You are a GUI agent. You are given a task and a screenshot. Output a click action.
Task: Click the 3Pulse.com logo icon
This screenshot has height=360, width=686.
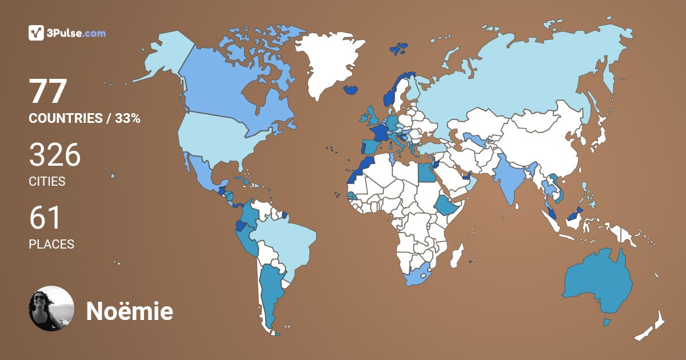pyautogui.click(x=37, y=33)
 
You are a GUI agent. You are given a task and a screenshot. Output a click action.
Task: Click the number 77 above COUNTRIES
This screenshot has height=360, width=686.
pyautogui.click(x=49, y=91)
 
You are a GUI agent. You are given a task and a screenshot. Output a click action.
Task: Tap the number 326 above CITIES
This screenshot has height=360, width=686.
pyautogui.click(x=55, y=155)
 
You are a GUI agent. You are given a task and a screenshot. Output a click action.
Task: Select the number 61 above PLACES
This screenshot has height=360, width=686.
pyautogui.click(x=45, y=218)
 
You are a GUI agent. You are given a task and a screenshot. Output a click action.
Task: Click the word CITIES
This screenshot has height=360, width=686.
pyautogui.click(x=47, y=182)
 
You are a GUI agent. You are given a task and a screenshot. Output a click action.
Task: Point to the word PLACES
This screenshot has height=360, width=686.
pyautogui.click(x=51, y=244)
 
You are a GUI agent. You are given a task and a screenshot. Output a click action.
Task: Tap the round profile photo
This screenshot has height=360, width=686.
pyautogui.click(x=51, y=309)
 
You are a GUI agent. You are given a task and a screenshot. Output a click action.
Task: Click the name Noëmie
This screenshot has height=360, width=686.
pyautogui.click(x=129, y=311)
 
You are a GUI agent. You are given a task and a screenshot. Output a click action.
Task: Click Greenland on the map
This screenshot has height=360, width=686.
pyautogui.click(x=326, y=63)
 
